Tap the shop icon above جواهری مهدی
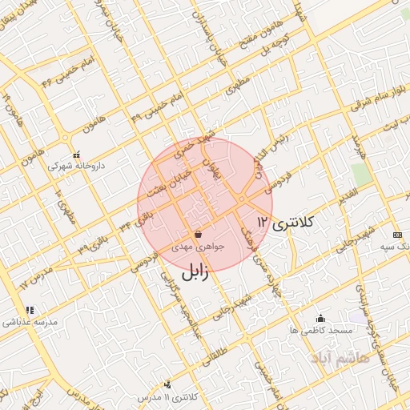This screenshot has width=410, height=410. (x=198, y=235)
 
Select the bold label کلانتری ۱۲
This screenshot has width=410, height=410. (x=286, y=222)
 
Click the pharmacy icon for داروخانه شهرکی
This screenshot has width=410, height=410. (x=77, y=155)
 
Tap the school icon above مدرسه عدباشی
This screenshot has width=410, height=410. (x=30, y=310)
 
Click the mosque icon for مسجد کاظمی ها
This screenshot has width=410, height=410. (x=321, y=317)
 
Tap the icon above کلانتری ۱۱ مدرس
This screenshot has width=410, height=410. (x=167, y=385)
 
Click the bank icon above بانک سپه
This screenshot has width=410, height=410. (x=398, y=235)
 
